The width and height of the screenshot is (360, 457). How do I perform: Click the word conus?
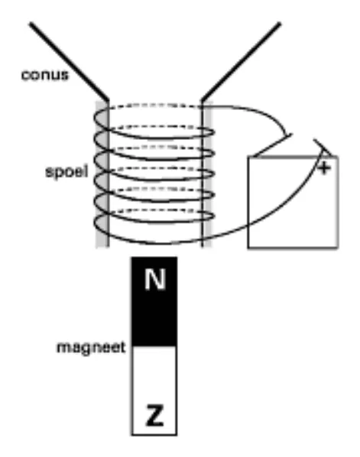click(45, 75)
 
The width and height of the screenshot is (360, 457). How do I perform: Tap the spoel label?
click(66, 171)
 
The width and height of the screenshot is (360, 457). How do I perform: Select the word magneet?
click(91, 348)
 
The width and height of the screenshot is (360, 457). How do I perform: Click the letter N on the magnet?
click(155, 279)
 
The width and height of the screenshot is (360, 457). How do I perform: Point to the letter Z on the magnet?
click(154, 415)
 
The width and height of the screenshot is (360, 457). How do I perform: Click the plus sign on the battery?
click(324, 167)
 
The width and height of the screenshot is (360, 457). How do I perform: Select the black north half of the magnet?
click(154, 302)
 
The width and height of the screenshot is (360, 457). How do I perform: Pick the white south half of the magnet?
click(154, 391)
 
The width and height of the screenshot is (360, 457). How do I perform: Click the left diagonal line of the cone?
click(69, 61)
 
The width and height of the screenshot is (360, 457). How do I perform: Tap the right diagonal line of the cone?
click(241, 61)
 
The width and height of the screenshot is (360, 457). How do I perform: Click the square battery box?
click(293, 203)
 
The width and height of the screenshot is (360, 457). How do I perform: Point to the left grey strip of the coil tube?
click(102, 174)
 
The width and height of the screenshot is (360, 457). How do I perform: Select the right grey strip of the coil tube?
click(206, 174)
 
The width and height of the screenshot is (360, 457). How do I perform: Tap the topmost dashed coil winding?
click(154, 105)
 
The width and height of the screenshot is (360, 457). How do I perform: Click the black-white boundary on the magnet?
click(154, 346)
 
